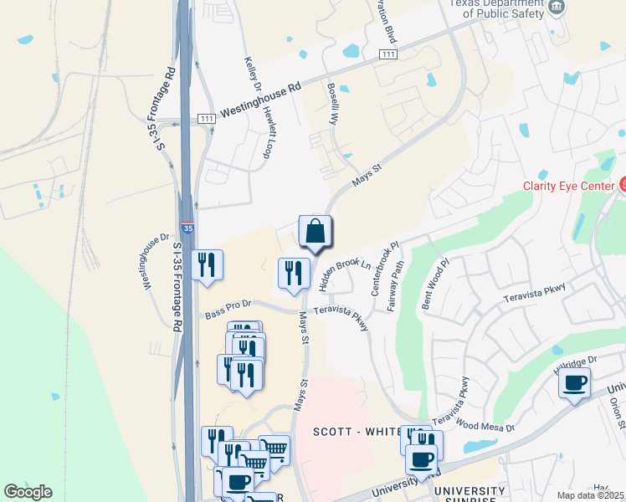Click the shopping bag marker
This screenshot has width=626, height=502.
(316, 232)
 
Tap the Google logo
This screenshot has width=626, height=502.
(28, 492)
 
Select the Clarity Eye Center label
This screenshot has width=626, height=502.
(567, 186)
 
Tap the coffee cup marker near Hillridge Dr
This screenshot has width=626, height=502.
(574, 383)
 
